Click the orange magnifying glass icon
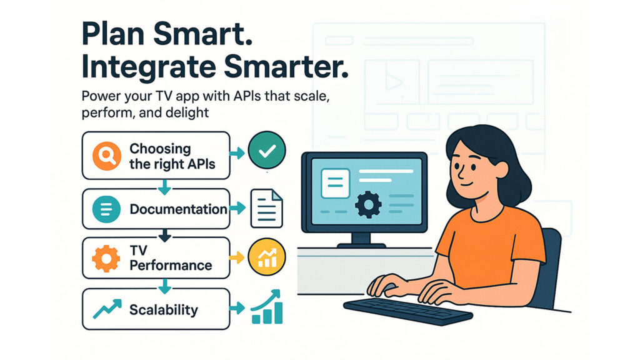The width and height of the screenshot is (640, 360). tap(105, 156)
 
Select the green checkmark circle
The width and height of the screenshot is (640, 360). tap(266, 151)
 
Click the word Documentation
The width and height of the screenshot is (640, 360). tap(177, 209)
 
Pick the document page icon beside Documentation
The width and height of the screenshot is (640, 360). tap(266, 209)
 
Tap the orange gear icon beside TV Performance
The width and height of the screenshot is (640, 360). tap(106, 258)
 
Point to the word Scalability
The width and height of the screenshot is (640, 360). tap(163, 309)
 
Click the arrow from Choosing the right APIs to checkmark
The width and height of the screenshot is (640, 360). tap(238, 152)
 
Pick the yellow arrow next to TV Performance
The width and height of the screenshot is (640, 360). tap(238, 257)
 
